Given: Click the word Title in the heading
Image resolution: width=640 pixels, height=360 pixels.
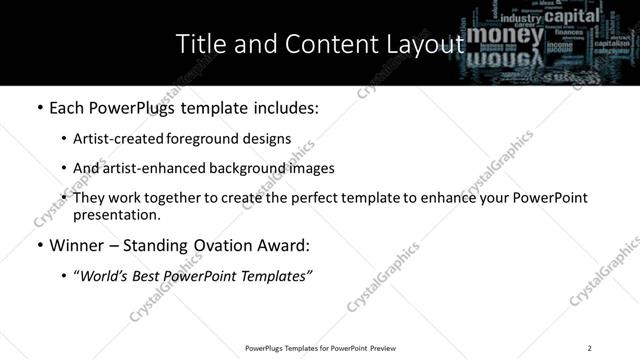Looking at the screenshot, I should [198, 43].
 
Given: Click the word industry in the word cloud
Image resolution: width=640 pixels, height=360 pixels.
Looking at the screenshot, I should [521, 18].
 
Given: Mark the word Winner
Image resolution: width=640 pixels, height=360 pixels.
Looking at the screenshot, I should [77, 245].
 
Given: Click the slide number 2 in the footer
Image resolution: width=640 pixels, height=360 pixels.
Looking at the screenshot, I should [589, 348].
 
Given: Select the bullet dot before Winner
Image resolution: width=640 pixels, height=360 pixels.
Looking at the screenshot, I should [40, 246].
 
